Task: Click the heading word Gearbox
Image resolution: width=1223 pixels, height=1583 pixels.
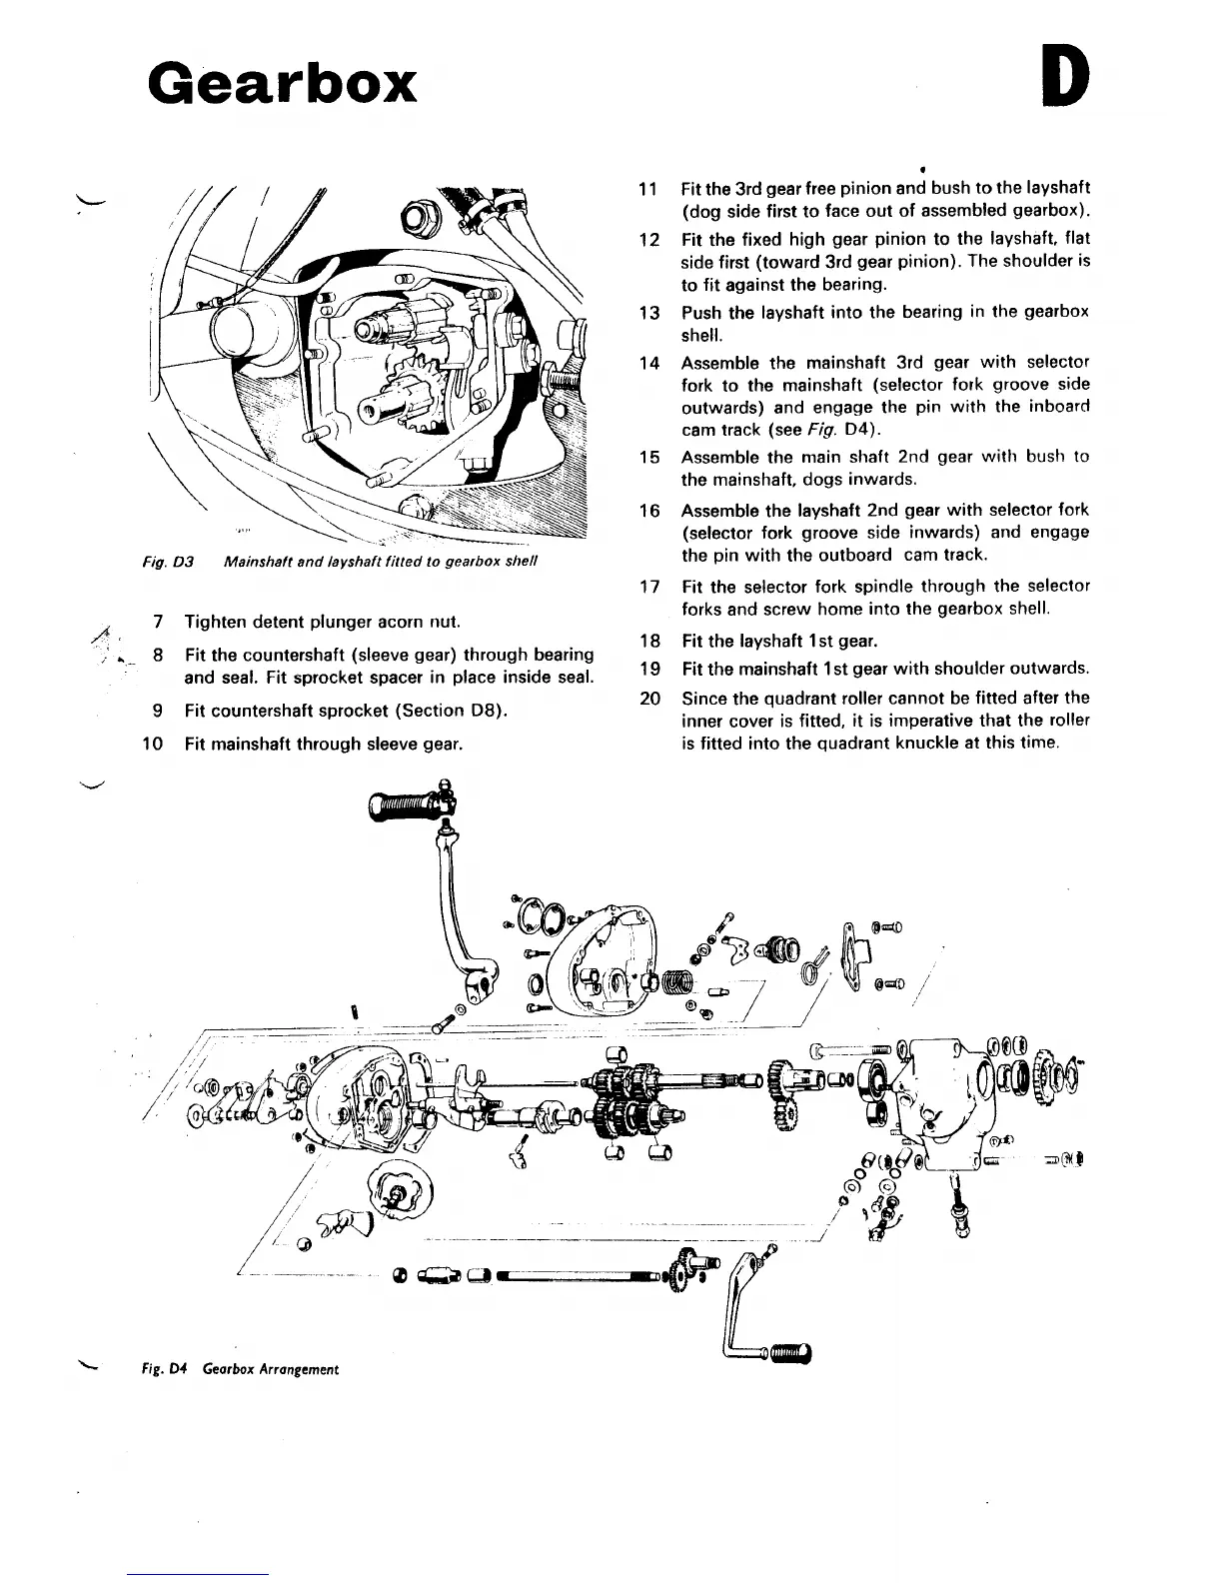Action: (x=282, y=82)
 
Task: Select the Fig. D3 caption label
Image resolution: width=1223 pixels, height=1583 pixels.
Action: (x=161, y=562)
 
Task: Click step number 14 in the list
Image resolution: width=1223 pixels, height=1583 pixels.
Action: (x=648, y=363)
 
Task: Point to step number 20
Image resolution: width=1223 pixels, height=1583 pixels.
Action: (x=649, y=698)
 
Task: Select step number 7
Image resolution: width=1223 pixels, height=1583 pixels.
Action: (x=158, y=622)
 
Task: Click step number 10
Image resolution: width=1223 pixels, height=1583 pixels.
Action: (x=152, y=743)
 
